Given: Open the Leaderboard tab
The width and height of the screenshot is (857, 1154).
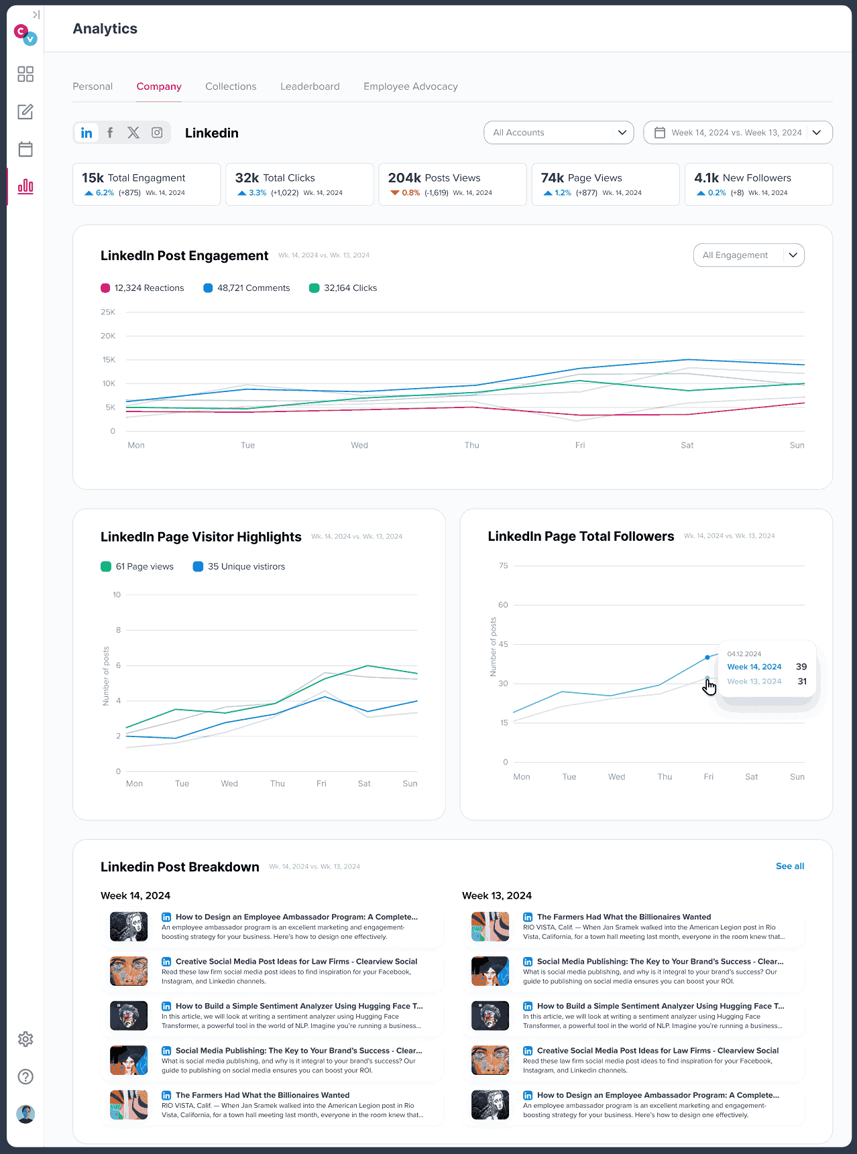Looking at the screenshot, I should (x=310, y=86).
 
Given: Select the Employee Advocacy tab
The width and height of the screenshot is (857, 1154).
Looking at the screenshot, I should (x=410, y=86).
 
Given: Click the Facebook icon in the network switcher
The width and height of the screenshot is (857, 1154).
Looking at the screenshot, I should (x=110, y=133).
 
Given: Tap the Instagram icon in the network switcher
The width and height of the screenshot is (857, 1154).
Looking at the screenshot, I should (x=157, y=133).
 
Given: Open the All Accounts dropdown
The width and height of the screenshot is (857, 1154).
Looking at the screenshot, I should (x=559, y=133).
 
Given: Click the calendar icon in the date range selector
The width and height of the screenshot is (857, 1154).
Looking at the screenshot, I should (x=660, y=133).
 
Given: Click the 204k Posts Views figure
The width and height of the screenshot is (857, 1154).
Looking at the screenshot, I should (x=404, y=178).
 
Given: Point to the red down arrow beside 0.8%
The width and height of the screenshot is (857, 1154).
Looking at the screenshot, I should (x=395, y=193).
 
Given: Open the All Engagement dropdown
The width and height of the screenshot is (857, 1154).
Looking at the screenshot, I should (x=748, y=255).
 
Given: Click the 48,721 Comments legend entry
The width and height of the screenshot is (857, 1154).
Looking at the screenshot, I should (x=247, y=288).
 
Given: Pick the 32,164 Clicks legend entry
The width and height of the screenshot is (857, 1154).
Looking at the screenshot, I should (x=343, y=288).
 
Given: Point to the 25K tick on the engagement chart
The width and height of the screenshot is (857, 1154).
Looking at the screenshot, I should (x=108, y=312).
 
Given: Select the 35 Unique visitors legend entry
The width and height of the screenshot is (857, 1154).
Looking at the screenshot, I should (x=239, y=566).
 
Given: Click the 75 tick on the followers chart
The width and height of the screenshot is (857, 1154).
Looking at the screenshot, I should (x=504, y=566).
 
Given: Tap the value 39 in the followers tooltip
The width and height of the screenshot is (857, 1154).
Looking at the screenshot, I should (x=801, y=667).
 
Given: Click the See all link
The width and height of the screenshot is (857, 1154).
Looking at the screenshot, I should (x=790, y=867).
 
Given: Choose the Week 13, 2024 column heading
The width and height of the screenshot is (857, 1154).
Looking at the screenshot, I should (x=497, y=896).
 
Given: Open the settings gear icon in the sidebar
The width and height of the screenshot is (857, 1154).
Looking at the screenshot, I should (x=25, y=1039).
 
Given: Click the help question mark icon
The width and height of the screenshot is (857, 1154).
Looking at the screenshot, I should (x=25, y=1077).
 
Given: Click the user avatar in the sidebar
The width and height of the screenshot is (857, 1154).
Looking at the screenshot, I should (x=25, y=1114).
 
